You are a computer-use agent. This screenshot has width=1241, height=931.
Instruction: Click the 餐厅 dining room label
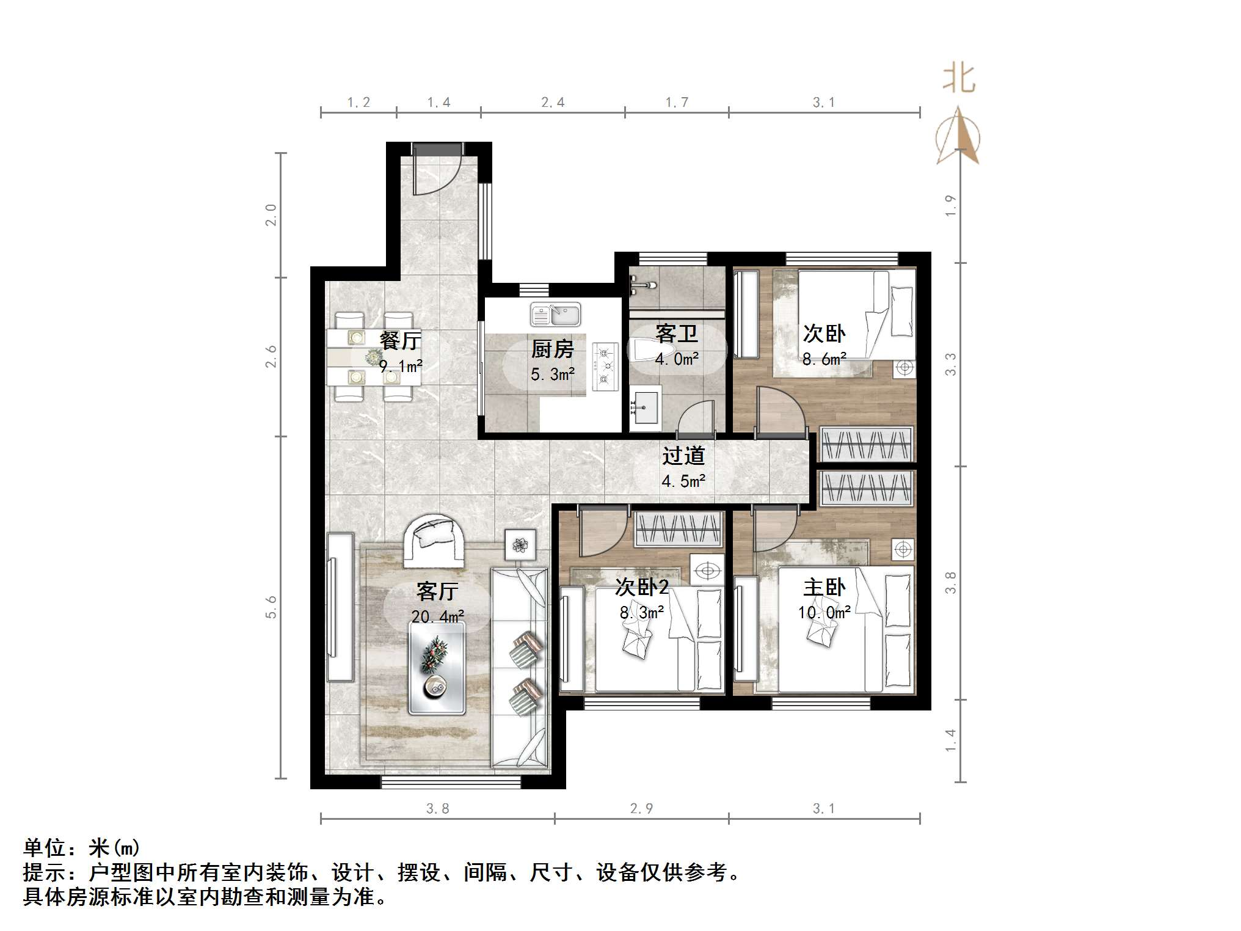(400, 341)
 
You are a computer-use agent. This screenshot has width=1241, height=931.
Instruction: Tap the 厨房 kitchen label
(552, 349)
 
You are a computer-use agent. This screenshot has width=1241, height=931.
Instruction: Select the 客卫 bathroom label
(676, 334)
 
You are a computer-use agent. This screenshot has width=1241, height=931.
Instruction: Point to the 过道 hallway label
(683, 456)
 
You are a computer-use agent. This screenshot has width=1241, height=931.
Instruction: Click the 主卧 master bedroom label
(824, 588)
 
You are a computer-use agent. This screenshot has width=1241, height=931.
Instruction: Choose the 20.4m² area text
(437, 616)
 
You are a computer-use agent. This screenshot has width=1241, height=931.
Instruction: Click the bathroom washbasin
(645, 407)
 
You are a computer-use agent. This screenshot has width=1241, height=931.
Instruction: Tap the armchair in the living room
(434, 539)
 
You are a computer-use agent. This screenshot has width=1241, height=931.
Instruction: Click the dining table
(374, 357)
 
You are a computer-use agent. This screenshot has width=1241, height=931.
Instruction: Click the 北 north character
(958, 79)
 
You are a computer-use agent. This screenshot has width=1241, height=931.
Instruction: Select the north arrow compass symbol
(958, 137)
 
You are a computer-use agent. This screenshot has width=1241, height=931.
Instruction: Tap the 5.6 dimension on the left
(271, 607)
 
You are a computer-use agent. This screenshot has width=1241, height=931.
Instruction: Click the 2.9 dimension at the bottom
(641, 809)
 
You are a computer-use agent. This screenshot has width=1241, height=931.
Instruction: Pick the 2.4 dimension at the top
(553, 103)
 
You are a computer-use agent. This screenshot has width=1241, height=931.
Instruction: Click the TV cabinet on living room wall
(340, 607)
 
